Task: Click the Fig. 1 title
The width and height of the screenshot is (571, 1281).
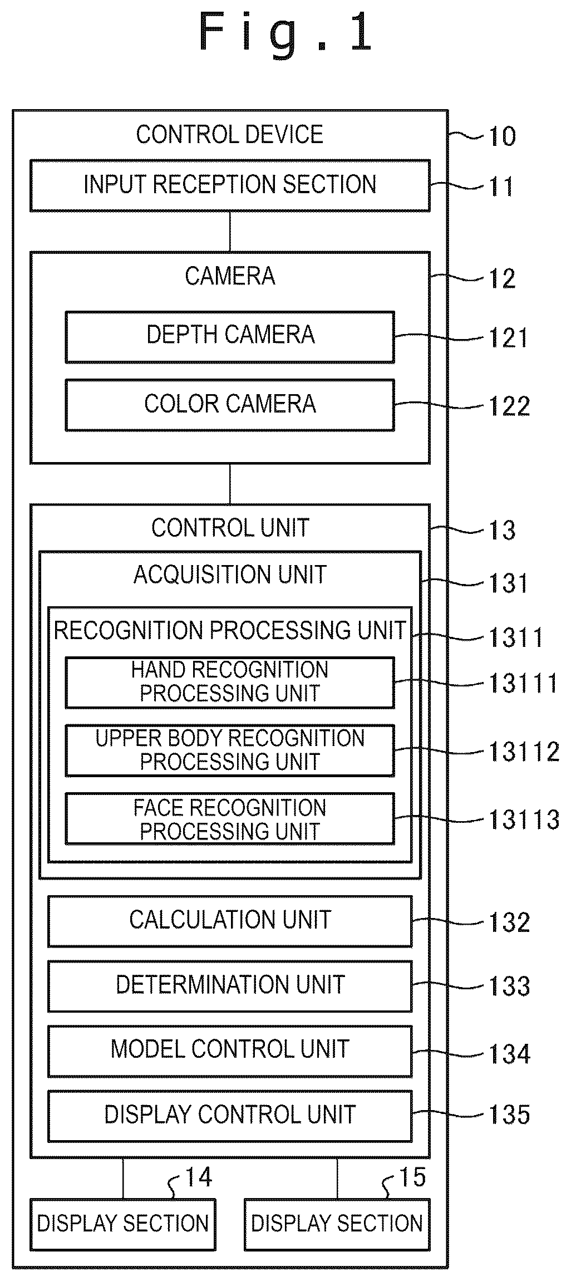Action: tap(285, 33)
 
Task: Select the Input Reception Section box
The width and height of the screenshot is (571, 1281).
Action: tap(230, 185)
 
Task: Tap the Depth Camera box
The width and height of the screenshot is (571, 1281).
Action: tap(230, 337)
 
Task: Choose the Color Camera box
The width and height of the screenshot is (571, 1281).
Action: tap(230, 405)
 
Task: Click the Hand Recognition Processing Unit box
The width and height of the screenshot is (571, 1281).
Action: tap(230, 683)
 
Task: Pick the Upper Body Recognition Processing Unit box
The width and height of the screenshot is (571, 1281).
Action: tap(230, 750)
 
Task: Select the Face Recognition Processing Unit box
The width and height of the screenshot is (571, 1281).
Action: tap(230, 818)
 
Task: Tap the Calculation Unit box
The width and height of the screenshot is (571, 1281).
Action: tap(230, 921)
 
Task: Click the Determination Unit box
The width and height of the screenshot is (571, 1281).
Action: tap(230, 986)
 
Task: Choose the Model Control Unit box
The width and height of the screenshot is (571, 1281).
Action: tap(230, 1051)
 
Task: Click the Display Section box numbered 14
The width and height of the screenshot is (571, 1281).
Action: tap(123, 1224)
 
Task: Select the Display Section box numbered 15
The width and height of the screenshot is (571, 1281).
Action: tap(337, 1224)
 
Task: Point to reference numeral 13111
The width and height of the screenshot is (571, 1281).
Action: tap(523, 683)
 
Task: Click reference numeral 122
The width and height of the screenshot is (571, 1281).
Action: tap(509, 406)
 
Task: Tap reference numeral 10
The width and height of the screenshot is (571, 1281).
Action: tap(502, 136)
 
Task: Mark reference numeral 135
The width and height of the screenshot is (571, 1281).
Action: tap(509, 1115)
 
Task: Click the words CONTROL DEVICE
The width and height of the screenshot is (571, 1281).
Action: tap(230, 135)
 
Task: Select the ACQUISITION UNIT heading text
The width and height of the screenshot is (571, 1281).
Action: tap(230, 575)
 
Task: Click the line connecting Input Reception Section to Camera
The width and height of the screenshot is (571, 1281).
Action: tap(230, 232)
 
